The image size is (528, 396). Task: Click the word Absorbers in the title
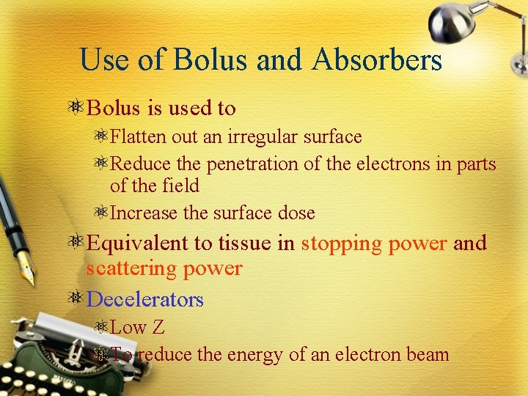click(376, 59)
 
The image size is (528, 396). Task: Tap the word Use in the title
click(104, 59)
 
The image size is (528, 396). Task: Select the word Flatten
click(139, 137)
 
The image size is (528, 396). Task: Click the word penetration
click(253, 165)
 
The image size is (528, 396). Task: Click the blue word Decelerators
click(145, 299)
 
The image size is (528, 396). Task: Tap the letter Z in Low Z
click(158, 328)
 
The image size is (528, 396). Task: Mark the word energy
click(254, 355)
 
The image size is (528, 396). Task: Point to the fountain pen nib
click(26, 271)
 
